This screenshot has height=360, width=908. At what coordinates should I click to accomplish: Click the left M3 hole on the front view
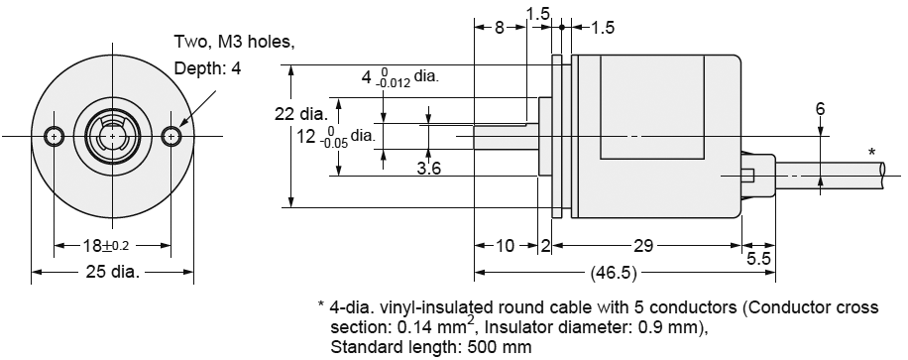tap(56, 135)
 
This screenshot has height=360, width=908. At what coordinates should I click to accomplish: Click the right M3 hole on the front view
tap(174, 135)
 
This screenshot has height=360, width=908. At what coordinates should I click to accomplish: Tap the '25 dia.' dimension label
tap(111, 271)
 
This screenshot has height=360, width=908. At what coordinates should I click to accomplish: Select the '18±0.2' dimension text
tap(112, 244)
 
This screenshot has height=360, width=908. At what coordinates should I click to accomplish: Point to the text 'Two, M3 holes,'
tap(234, 42)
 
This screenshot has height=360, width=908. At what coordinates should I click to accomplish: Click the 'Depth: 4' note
tap(207, 68)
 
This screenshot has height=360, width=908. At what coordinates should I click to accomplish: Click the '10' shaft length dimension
tap(505, 244)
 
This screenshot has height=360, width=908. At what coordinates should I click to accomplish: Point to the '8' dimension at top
tap(500, 28)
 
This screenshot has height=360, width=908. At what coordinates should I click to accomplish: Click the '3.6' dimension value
tap(428, 169)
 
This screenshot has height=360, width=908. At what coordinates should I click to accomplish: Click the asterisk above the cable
tap(871, 152)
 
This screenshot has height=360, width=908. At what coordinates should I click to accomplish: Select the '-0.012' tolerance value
tap(394, 82)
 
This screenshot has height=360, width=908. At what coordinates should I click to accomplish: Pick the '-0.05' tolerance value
tap(333, 143)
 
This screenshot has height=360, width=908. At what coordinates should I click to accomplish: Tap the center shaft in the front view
tap(114, 135)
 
